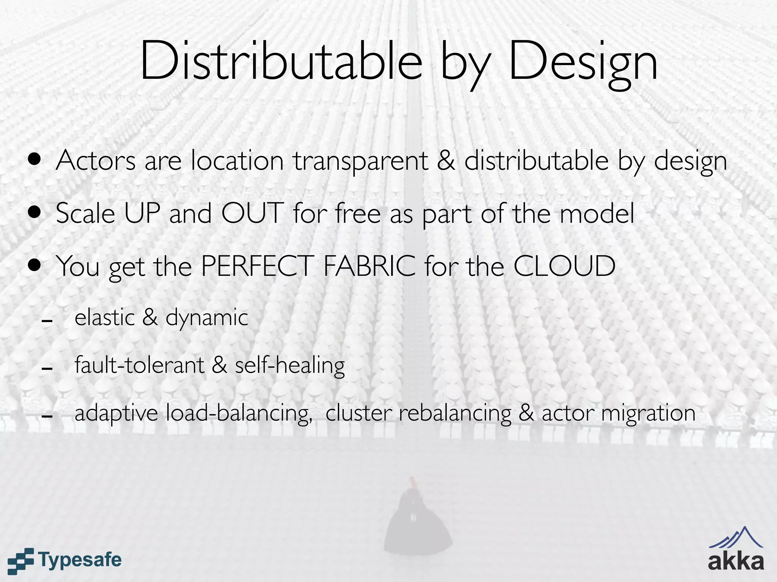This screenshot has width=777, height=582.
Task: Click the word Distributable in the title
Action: tap(281, 61)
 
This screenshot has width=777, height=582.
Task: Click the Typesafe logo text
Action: tap(80, 560)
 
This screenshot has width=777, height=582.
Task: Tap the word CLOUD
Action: tap(564, 266)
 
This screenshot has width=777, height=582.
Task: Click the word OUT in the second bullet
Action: tap(252, 213)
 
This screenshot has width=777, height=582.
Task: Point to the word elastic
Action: tap(105, 318)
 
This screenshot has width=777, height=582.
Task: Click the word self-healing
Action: tap(290, 366)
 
